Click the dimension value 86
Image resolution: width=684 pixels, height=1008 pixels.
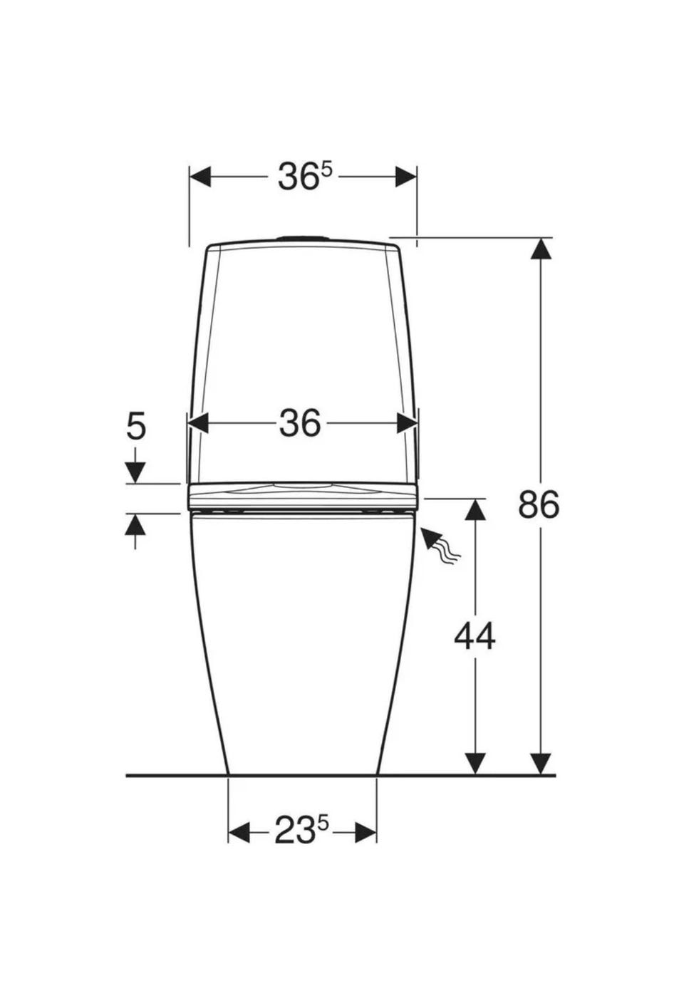pyautogui.click(x=539, y=504)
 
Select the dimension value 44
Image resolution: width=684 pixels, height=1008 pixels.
pyautogui.click(x=475, y=636)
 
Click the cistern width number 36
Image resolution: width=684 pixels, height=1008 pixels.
pyautogui.click(x=300, y=423)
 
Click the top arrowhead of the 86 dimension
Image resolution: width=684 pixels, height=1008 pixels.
pyautogui.click(x=541, y=248)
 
